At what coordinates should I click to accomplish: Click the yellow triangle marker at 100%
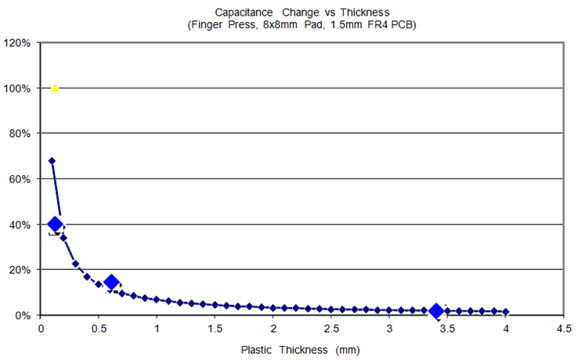pyautogui.click(x=55, y=88)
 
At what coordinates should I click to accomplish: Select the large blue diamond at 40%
pyautogui.click(x=55, y=225)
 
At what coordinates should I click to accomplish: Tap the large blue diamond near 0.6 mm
pyautogui.click(x=111, y=283)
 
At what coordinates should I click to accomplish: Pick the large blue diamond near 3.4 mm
pyautogui.click(x=437, y=311)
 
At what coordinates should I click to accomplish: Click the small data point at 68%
pyautogui.click(x=52, y=160)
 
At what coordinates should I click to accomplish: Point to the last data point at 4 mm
pyautogui.click(x=506, y=311)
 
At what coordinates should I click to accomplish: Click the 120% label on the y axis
pyautogui.click(x=17, y=42)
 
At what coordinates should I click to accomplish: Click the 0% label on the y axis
pyautogui.click(x=23, y=315)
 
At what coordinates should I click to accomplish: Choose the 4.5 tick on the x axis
pyautogui.click(x=563, y=329)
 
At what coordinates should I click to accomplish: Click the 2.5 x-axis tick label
pyautogui.click(x=331, y=329)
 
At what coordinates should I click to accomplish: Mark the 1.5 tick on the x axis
pyautogui.click(x=215, y=329)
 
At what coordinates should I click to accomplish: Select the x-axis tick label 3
pyautogui.click(x=389, y=329)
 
